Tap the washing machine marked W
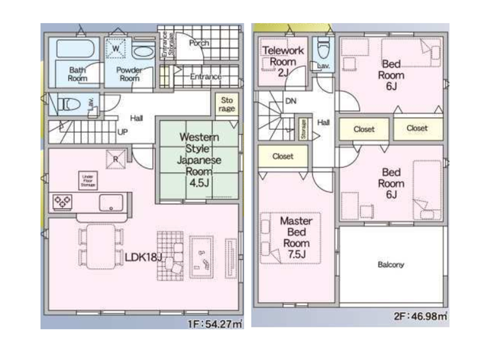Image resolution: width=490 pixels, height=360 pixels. (x=115, y=49)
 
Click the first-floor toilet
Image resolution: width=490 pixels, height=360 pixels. (x=68, y=103)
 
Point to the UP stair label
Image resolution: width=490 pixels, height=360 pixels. (x=122, y=131)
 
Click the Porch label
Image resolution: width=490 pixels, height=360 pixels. (x=199, y=43)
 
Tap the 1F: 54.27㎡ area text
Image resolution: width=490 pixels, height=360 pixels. (x=214, y=324)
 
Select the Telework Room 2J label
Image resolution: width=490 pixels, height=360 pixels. (x=283, y=61)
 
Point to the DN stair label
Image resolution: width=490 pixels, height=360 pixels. (x=290, y=102)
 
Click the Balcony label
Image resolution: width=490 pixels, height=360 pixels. (x=391, y=265)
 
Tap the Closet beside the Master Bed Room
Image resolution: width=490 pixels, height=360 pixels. (x=283, y=157)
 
